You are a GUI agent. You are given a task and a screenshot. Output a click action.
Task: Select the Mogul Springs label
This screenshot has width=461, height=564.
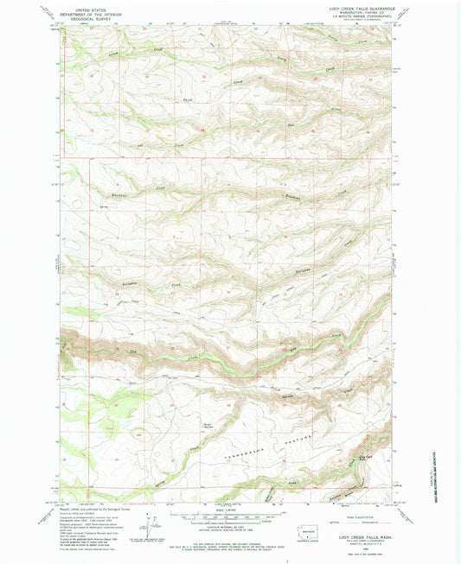click(x=208, y=426)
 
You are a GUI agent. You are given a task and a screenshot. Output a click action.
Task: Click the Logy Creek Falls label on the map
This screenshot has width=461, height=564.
click(x=366, y=458)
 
